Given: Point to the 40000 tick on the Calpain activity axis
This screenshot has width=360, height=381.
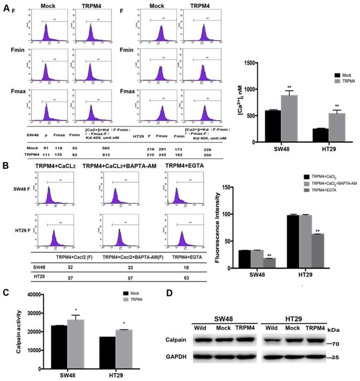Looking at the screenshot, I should point(36,295).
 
